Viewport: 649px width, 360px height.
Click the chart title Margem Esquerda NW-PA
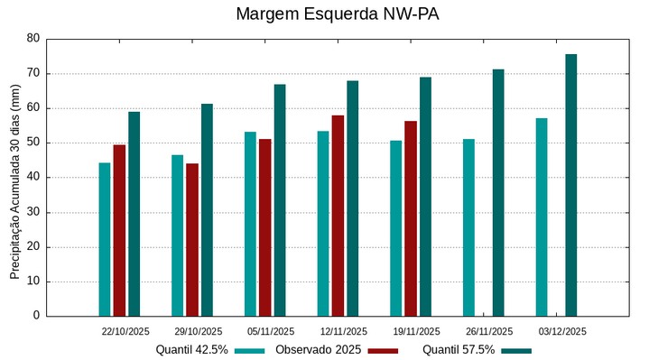[324, 14]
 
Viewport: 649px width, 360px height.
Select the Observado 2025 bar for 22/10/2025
[119, 230]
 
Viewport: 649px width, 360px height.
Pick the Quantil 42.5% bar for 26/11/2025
[468, 227]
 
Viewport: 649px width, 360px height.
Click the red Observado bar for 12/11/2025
[338, 216]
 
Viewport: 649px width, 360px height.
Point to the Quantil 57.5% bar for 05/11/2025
[280, 200]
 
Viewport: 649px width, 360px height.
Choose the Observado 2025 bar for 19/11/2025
[411, 218]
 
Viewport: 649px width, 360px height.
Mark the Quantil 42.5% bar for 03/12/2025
[542, 217]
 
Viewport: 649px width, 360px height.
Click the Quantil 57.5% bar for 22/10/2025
[134, 214]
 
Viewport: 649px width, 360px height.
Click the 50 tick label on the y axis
[33, 143]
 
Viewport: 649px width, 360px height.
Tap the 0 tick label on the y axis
[37, 316]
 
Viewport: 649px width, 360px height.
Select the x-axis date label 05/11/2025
[271, 331]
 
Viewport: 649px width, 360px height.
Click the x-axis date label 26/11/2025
[488, 331]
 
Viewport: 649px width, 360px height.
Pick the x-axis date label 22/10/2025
[125, 331]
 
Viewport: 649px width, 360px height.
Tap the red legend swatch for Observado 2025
[384, 350]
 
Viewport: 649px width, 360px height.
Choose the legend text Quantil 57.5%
[459, 349]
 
